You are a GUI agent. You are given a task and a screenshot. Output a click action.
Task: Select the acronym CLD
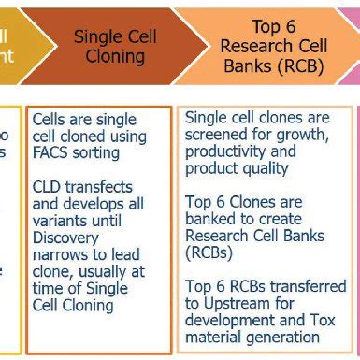tap(48, 186)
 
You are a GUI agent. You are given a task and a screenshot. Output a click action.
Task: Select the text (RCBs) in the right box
tap(210, 252)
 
